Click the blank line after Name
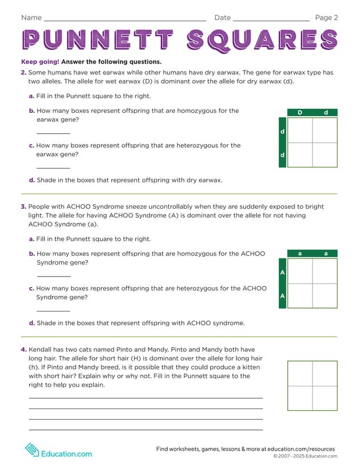[x=124, y=20]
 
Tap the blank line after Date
[x=271, y=20]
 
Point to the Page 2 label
[x=326, y=17]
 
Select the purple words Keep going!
[x=39, y=62]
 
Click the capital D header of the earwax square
[x=300, y=113]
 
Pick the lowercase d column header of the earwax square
[x=326, y=113]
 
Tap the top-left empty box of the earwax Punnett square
[x=300, y=130]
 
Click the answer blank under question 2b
[x=53, y=134]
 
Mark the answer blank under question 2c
[x=53, y=168]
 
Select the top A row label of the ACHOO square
[x=282, y=272]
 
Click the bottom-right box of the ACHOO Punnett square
[x=324, y=296]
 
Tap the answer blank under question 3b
[x=53, y=276]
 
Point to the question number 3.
[x=24, y=207]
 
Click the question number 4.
[x=24, y=350]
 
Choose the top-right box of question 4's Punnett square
[x=324, y=373]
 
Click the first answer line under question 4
[x=146, y=398]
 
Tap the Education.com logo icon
[x=32, y=450]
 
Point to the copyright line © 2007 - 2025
[x=305, y=456]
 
